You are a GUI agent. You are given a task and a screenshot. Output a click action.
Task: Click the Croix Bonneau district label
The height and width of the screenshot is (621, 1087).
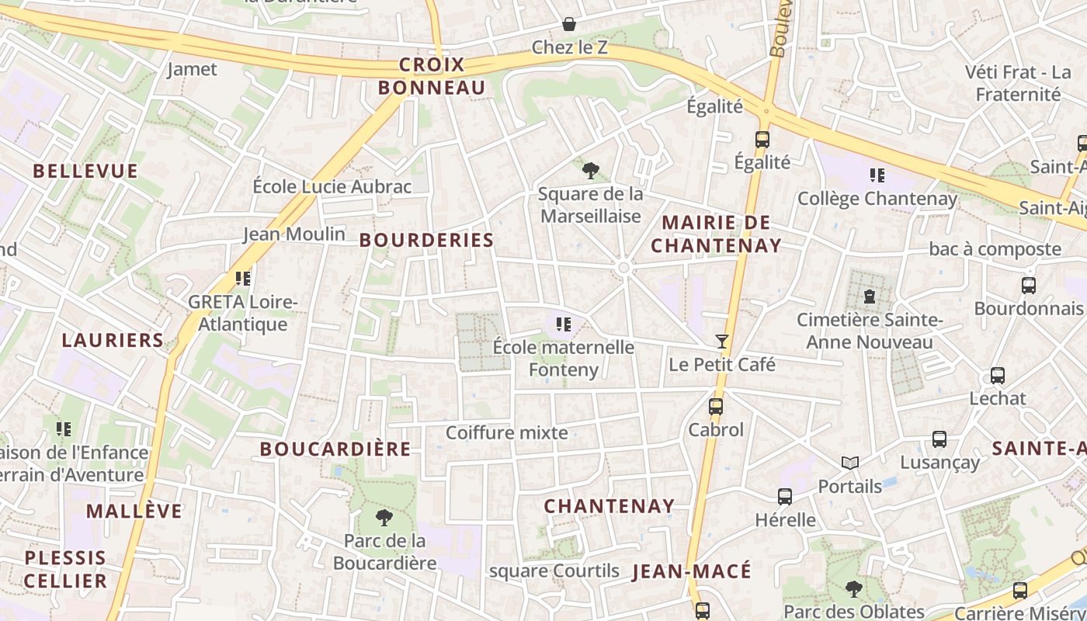pos(432,76)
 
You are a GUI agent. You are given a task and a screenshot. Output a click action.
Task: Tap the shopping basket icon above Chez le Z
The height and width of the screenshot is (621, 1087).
pos(569,24)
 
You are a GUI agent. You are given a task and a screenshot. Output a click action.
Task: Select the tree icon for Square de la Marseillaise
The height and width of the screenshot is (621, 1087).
pos(590,170)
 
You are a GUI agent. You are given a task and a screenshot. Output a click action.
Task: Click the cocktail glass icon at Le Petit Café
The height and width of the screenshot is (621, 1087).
pos(722,341)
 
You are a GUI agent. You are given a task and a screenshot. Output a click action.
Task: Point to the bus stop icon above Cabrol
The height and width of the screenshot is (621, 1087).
pos(715,406)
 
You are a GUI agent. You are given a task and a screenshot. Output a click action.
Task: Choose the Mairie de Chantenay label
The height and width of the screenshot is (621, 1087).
pos(716,234)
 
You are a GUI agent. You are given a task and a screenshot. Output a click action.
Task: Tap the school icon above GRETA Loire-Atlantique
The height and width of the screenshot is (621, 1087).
pos(243,278)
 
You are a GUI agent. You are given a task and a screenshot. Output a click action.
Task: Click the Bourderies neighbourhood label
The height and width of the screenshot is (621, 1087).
pos(427,241)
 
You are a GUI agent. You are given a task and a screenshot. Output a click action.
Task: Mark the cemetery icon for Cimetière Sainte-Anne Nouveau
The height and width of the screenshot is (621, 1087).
pos(870,296)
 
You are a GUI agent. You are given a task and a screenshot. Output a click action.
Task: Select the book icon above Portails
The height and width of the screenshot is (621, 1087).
pos(850,463)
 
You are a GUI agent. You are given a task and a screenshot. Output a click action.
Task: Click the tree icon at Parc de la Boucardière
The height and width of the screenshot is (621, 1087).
pos(384,517)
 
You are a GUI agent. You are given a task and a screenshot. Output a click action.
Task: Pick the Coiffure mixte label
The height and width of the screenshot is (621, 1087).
pos(507,433)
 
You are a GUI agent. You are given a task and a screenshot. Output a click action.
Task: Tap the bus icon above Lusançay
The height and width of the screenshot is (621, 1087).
pos(939,439)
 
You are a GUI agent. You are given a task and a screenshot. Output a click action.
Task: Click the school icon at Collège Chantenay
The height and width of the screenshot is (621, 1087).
pos(877,175)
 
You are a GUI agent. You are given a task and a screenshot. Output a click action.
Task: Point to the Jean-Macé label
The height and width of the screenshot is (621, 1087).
pos(693,572)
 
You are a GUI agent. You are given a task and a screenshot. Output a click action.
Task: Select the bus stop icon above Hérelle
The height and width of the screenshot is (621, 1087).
pos(785,497)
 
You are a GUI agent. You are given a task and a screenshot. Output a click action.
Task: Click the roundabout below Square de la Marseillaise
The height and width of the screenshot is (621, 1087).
pos(623,268)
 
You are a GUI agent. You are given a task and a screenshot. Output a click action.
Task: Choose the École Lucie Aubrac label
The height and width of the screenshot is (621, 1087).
pos(332,186)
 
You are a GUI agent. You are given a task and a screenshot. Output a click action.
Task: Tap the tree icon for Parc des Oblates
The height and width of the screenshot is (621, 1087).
pos(853,588)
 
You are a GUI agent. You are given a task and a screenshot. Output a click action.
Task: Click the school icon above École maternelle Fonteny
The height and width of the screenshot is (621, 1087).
pos(564,324)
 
